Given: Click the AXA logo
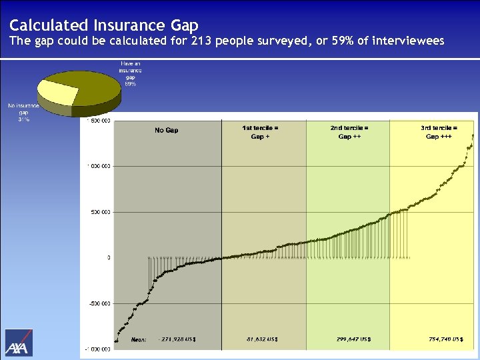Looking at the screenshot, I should (x=19, y=343).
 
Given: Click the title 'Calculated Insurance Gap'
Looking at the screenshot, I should (x=103, y=25).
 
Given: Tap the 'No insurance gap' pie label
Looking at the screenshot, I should (x=23, y=113).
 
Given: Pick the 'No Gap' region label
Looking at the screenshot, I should (x=166, y=130).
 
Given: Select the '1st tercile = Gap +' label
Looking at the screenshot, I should (x=260, y=131).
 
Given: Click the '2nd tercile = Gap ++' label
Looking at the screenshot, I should (x=349, y=131).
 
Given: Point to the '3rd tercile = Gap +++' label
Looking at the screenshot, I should (x=439, y=131).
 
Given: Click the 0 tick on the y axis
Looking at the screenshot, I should (x=109, y=257).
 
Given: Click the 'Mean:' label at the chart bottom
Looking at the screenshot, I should (x=139, y=339).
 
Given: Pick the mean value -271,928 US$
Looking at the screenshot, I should (x=177, y=339).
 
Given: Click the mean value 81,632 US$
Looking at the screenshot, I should (x=262, y=339).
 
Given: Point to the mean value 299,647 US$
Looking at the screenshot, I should (x=354, y=339).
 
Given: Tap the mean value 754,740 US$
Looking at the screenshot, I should (x=445, y=339).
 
